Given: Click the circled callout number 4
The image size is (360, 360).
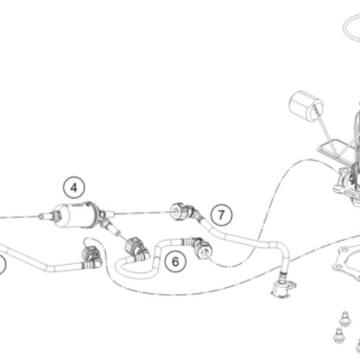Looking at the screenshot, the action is coord(74,187).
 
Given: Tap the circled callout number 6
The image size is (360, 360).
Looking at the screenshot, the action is coord(176,261).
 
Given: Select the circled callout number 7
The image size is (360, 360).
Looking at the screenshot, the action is coord(221,215).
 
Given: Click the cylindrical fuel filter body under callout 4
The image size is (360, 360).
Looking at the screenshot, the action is coord(76,215).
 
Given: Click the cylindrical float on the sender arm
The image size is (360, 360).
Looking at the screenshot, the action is coord(306,106).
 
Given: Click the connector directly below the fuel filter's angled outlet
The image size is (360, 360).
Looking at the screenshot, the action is coord(136,248).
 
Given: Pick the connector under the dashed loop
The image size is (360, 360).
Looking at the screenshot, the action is coord(91,257).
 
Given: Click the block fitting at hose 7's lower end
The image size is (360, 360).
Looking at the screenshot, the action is coord(283,287).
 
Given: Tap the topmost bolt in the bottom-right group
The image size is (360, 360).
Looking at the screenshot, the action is coord(345,319).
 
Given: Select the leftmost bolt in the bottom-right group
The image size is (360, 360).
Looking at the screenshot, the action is coord(338,335).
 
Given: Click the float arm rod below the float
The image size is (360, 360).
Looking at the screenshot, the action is coord(325,130).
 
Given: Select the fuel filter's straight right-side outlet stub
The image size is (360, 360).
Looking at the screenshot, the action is coord(109,212).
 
